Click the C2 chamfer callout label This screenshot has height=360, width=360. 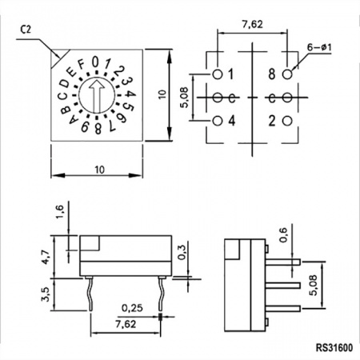pos(26,30)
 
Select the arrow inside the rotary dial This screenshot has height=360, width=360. pos(97,95)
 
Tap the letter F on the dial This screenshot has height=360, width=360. pos(81,65)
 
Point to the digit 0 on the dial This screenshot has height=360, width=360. pos(95,62)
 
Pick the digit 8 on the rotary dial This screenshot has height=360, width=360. pos(98,129)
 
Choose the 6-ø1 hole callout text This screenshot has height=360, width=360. pos(319,47)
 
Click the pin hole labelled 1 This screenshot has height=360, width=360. pos(218,74)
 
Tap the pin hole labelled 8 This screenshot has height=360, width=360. pos(287,74)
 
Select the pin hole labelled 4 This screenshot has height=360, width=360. pos(218,121)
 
